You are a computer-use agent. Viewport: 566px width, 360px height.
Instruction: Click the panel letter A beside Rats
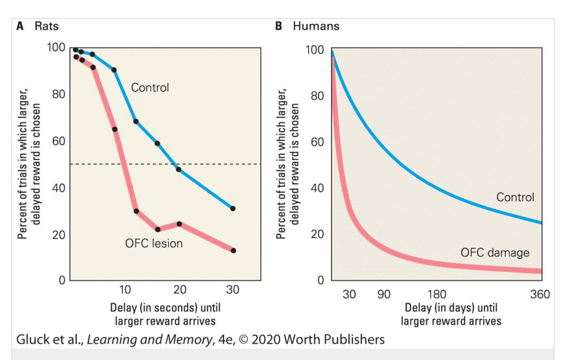pyautogui.click(x=20, y=26)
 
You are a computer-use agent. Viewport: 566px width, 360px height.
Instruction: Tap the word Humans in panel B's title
pyautogui.click(x=316, y=26)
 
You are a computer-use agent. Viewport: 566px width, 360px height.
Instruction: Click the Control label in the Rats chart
pyautogui.click(x=150, y=87)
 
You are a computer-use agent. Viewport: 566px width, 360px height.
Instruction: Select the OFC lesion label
pyautogui.click(x=154, y=244)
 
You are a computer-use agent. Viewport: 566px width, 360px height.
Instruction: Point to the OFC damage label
pyautogui.click(x=495, y=253)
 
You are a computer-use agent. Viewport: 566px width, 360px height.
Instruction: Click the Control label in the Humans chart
pyautogui.click(x=515, y=197)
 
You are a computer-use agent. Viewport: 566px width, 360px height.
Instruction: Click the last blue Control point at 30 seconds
pyautogui.click(x=233, y=208)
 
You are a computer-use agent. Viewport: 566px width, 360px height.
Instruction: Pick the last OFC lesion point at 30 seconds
pyautogui.click(x=233, y=251)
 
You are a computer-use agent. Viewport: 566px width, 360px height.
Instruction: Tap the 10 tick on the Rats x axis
pyautogui.click(x=125, y=290)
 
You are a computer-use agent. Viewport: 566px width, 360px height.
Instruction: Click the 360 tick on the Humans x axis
pyautogui.click(x=540, y=294)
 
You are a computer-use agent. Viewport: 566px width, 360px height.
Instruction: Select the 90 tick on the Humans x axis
pyautogui.click(x=384, y=294)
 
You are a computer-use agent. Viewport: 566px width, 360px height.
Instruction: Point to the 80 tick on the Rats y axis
pyautogui.click(x=58, y=94)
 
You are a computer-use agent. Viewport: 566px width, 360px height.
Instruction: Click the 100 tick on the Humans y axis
pyautogui.click(x=315, y=50)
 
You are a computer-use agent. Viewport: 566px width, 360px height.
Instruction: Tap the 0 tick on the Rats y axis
pyautogui.click(x=62, y=280)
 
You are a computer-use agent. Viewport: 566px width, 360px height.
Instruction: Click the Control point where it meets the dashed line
pyautogui.click(x=178, y=169)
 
